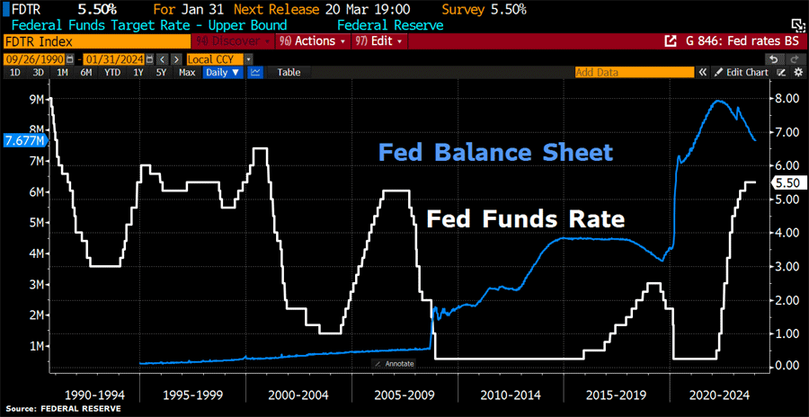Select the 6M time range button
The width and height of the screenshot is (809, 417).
[x=86, y=72]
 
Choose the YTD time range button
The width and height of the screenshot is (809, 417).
[x=112, y=72]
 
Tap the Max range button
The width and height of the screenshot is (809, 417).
[x=187, y=72]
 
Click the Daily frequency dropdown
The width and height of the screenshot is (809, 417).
[x=222, y=72]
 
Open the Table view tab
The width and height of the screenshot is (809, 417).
[x=289, y=72]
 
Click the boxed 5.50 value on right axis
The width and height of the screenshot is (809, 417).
[x=786, y=182]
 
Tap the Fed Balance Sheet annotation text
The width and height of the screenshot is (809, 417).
[x=495, y=152]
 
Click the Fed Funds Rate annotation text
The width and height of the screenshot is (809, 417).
[x=525, y=218]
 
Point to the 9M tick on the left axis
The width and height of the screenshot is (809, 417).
[x=38, y=100]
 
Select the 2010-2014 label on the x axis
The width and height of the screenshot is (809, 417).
[x=511, y=394]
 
